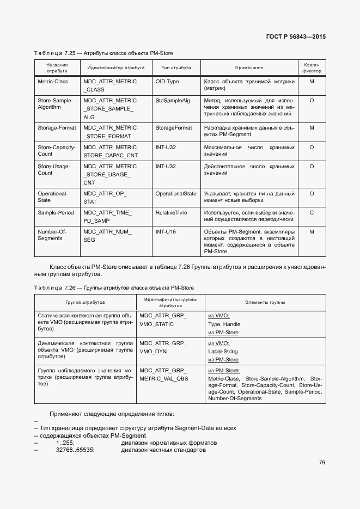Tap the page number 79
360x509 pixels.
(322, 463)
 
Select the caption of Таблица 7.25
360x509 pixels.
(103, 53)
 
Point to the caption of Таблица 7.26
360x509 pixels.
(113, 287)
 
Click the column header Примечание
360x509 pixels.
(249, 68)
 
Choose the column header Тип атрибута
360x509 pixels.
(176, 68)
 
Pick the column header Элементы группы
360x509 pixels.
(265, 302)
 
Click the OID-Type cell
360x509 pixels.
(167, 82)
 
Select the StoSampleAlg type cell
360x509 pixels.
(173, 101)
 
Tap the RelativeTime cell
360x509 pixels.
(171, 212)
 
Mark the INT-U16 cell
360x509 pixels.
(166, 231)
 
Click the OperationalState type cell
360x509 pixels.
(176, 193)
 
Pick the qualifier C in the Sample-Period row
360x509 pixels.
(312, 212)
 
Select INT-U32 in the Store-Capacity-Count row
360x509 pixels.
(166, 147)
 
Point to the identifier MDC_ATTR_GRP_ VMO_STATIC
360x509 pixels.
(163, 320)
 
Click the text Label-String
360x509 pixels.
(223, 352)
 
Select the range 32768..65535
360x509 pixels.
(75, 450)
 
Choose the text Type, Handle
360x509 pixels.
(224, 324)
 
